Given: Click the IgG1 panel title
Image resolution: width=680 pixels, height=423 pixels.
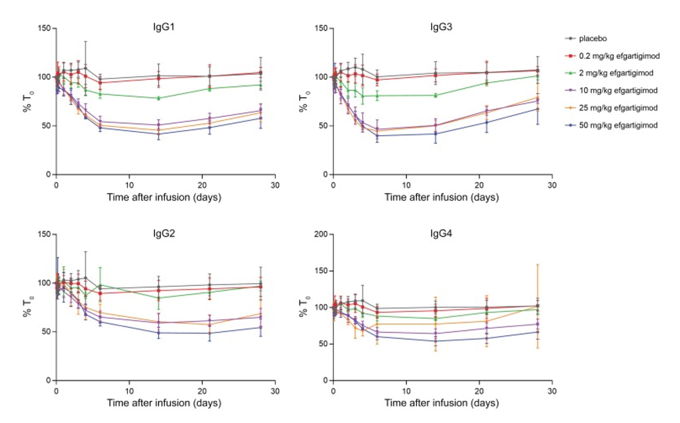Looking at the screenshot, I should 164,27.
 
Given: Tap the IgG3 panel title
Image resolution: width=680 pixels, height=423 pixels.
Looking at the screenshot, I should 441,27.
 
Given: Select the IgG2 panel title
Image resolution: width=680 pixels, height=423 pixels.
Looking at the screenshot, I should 164,233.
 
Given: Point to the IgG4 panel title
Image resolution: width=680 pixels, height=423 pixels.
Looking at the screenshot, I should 441,233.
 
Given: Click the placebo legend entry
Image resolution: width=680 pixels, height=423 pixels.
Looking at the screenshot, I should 593,39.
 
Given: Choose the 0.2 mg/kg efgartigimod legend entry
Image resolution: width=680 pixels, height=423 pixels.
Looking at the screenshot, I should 619,56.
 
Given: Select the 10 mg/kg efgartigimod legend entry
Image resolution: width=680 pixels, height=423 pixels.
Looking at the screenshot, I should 618,91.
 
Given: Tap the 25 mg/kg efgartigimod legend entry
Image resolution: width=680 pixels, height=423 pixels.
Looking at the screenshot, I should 618,108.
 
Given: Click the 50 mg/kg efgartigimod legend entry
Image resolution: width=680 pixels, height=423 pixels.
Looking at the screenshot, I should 618,125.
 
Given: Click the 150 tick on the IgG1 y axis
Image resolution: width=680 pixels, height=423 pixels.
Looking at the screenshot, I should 44,28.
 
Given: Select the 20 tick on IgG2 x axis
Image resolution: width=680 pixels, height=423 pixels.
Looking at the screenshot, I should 202,391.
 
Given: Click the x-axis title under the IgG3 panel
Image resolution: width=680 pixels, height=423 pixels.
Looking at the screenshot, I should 441,197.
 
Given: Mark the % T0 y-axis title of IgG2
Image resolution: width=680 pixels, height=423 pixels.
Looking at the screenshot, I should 28,307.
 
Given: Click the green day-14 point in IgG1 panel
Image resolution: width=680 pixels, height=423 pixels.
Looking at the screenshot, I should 159,98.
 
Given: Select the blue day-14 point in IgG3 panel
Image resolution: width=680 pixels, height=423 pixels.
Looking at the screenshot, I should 435,134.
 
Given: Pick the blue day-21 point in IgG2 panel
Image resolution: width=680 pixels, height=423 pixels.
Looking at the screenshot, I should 210,333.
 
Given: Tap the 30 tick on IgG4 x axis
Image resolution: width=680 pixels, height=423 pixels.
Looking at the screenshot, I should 552,391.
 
